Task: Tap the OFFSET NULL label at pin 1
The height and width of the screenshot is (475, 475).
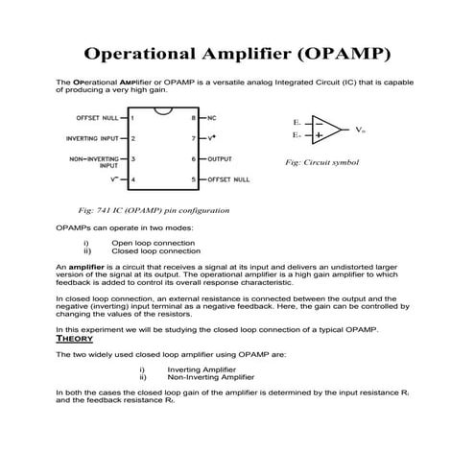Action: pos(98,117)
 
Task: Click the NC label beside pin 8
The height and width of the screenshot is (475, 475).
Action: pos(212,117)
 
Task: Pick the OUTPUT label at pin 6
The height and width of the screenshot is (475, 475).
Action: pos(220,158)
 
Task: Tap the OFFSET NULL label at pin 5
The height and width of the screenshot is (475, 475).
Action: pos(228,179)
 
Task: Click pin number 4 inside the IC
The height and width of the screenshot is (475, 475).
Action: pos(132,179)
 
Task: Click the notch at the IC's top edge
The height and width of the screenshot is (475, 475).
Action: pos(163,111)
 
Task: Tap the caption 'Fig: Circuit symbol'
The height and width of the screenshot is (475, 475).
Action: pos(321,163)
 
